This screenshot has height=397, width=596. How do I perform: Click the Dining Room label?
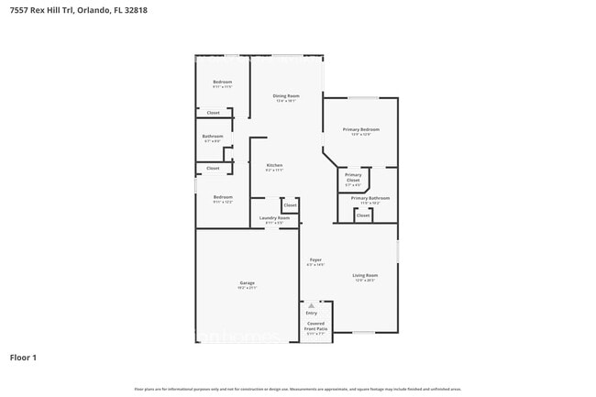286,95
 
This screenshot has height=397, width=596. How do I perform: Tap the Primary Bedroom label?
361,129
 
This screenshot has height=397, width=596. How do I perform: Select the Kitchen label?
274,165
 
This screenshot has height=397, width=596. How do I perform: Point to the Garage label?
248,282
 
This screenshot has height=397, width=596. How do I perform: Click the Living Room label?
366,275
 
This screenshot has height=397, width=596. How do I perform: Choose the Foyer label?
315,259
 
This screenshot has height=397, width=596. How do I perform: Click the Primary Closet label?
353,177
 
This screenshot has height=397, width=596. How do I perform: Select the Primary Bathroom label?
370,198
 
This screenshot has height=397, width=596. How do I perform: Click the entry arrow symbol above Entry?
311,305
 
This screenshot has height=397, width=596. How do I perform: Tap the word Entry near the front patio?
312,313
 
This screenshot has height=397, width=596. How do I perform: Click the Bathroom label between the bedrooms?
213,136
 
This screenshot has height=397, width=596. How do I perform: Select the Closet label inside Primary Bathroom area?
363,215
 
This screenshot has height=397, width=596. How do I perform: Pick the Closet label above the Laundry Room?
290,205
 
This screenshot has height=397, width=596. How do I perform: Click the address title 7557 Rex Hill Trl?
78,10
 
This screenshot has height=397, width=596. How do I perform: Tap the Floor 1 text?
24,357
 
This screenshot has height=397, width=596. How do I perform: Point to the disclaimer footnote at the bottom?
297,390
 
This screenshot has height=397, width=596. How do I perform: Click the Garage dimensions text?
248,288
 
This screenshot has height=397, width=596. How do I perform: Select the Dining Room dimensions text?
286,101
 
